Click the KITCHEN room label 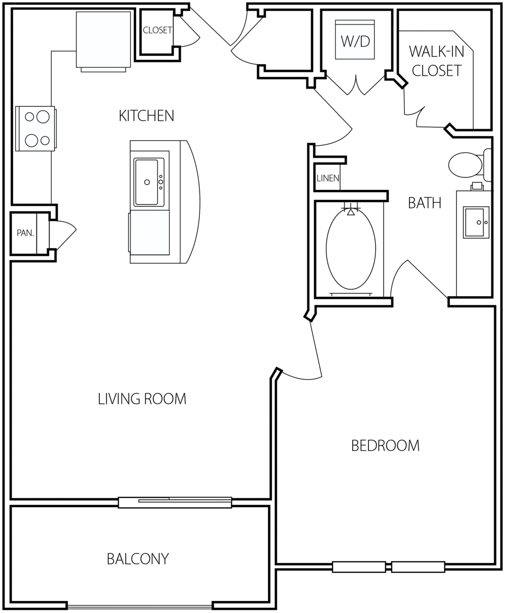pyautogui.click(x=146, y=116)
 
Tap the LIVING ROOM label pyautogui.click(x=142, y=399)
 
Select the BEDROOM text pyautogui.click(x=385, y=446)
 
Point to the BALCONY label pyautogui.click(x=138, y=559)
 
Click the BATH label pyautogui.click(x=425, y=203)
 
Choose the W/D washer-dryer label pyautogui.click(x=355, y=41)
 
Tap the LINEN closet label pyautogui.click(x=328, y=178)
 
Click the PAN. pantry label pyautogui.click(x=25, y=233)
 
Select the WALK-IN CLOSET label pyautogui.click(x=437, y=61)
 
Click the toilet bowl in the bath pyautogui.click(x=465, y=165)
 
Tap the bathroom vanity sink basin pyautogui.click(x=474, y=222)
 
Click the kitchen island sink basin pyautogui.click(x=146, y=182)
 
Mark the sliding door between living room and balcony pyautogui.click(x=175, y=502)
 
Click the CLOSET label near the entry pyautogui.click(x=158, y=30)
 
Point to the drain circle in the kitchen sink pyautogui.click(x=147, y=182)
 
